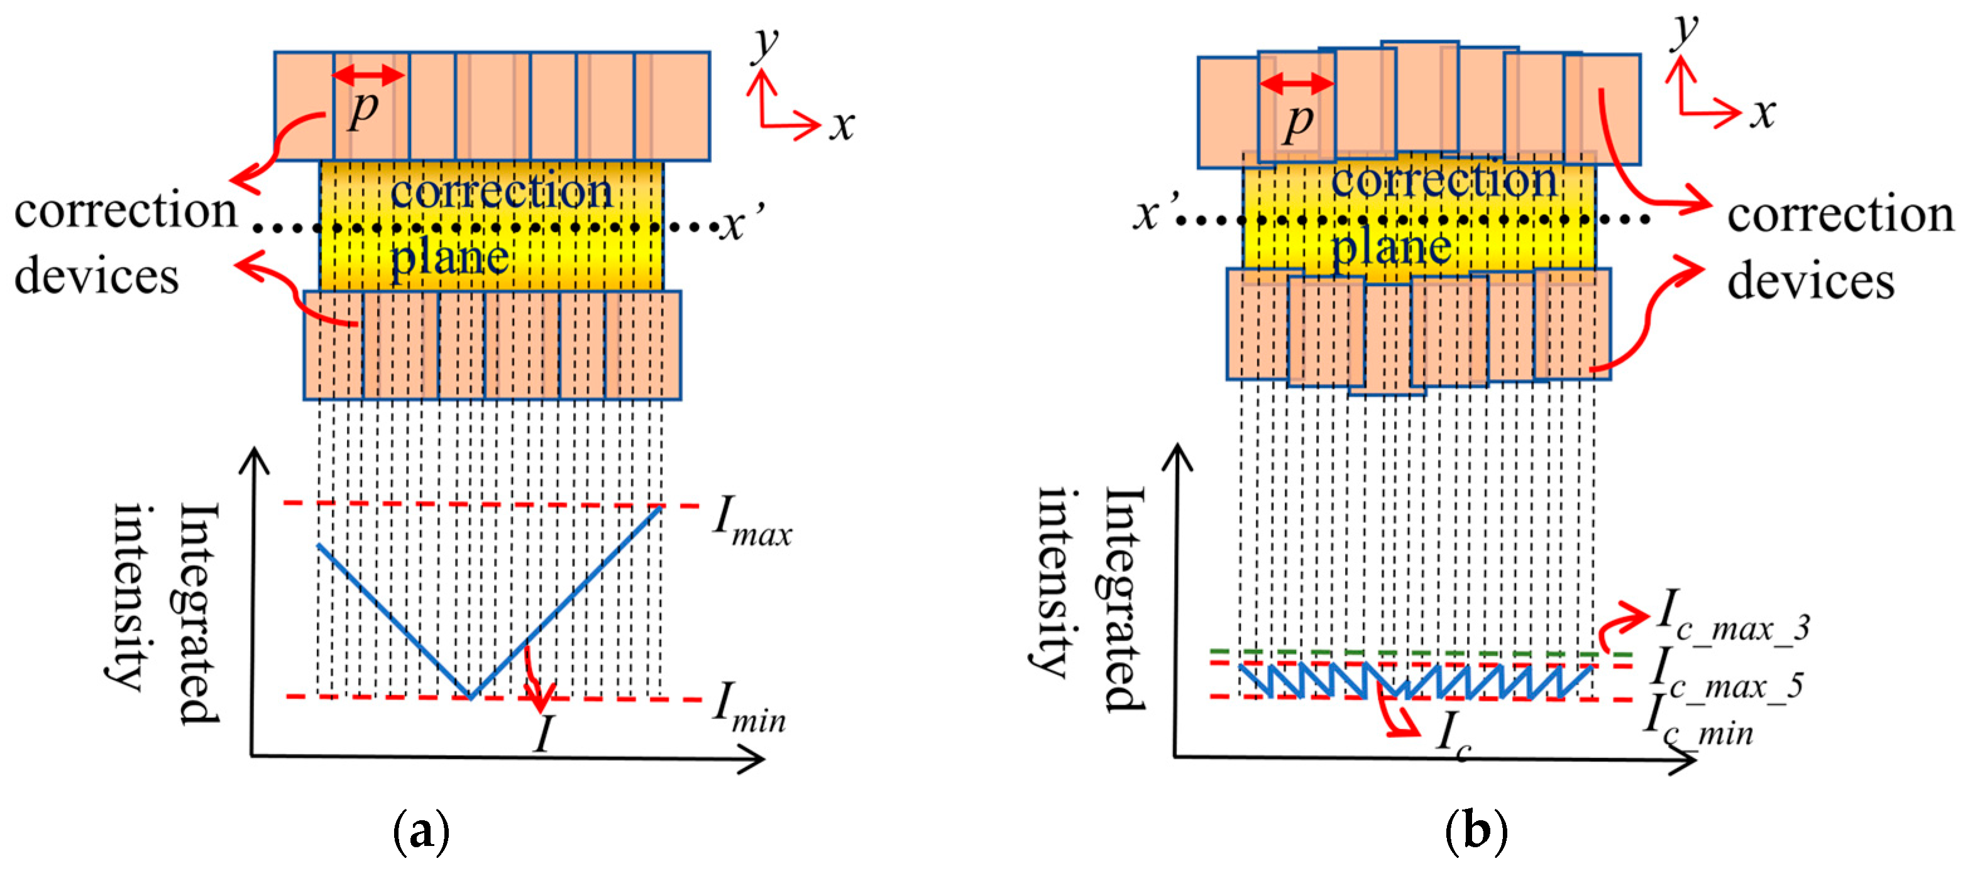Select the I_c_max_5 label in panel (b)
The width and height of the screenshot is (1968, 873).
coord(1724,675)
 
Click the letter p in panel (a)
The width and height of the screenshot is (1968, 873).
coord(364,109)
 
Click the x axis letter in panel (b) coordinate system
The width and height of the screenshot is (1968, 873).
coord(1763,114)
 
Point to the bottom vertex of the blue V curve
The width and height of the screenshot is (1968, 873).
coord(471,696)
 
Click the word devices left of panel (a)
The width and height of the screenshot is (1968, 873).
coord(97,276)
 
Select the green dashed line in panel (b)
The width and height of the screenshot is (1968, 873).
coord(1421,654)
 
